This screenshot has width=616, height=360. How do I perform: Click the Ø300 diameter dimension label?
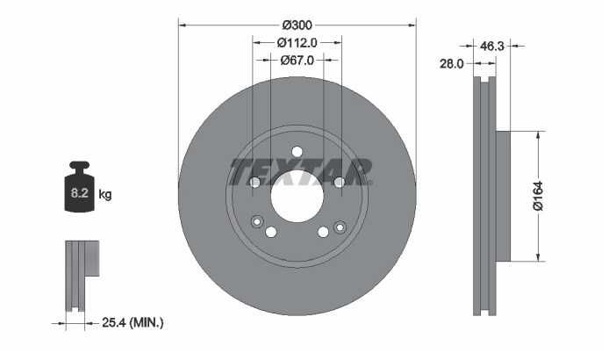tap(297, 25)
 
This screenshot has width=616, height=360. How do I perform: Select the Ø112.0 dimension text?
tap(297, 42)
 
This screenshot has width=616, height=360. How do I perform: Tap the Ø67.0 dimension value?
tap(297, 60)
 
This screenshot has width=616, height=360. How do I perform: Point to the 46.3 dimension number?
tap(492, 46)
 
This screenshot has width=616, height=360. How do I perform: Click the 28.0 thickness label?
tap(451, 64)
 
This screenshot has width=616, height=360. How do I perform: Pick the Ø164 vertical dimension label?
tap(538, 196)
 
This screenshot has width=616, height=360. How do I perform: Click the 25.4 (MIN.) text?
tap(133, 323)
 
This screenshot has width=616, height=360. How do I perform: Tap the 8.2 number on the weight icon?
tap(79, 193)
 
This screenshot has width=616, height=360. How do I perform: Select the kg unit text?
tap(105, 194)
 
